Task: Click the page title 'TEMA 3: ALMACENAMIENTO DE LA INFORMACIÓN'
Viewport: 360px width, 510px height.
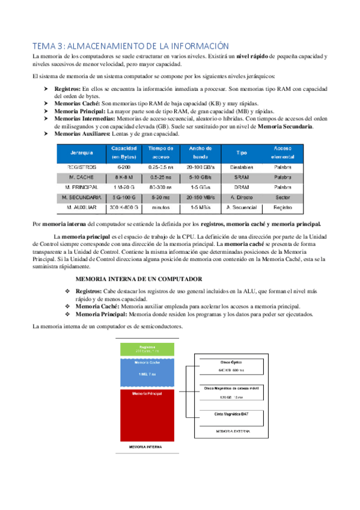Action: click(x=131, y=46)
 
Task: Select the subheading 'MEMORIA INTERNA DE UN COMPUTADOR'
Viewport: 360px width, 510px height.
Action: click(x=138, y=279)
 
